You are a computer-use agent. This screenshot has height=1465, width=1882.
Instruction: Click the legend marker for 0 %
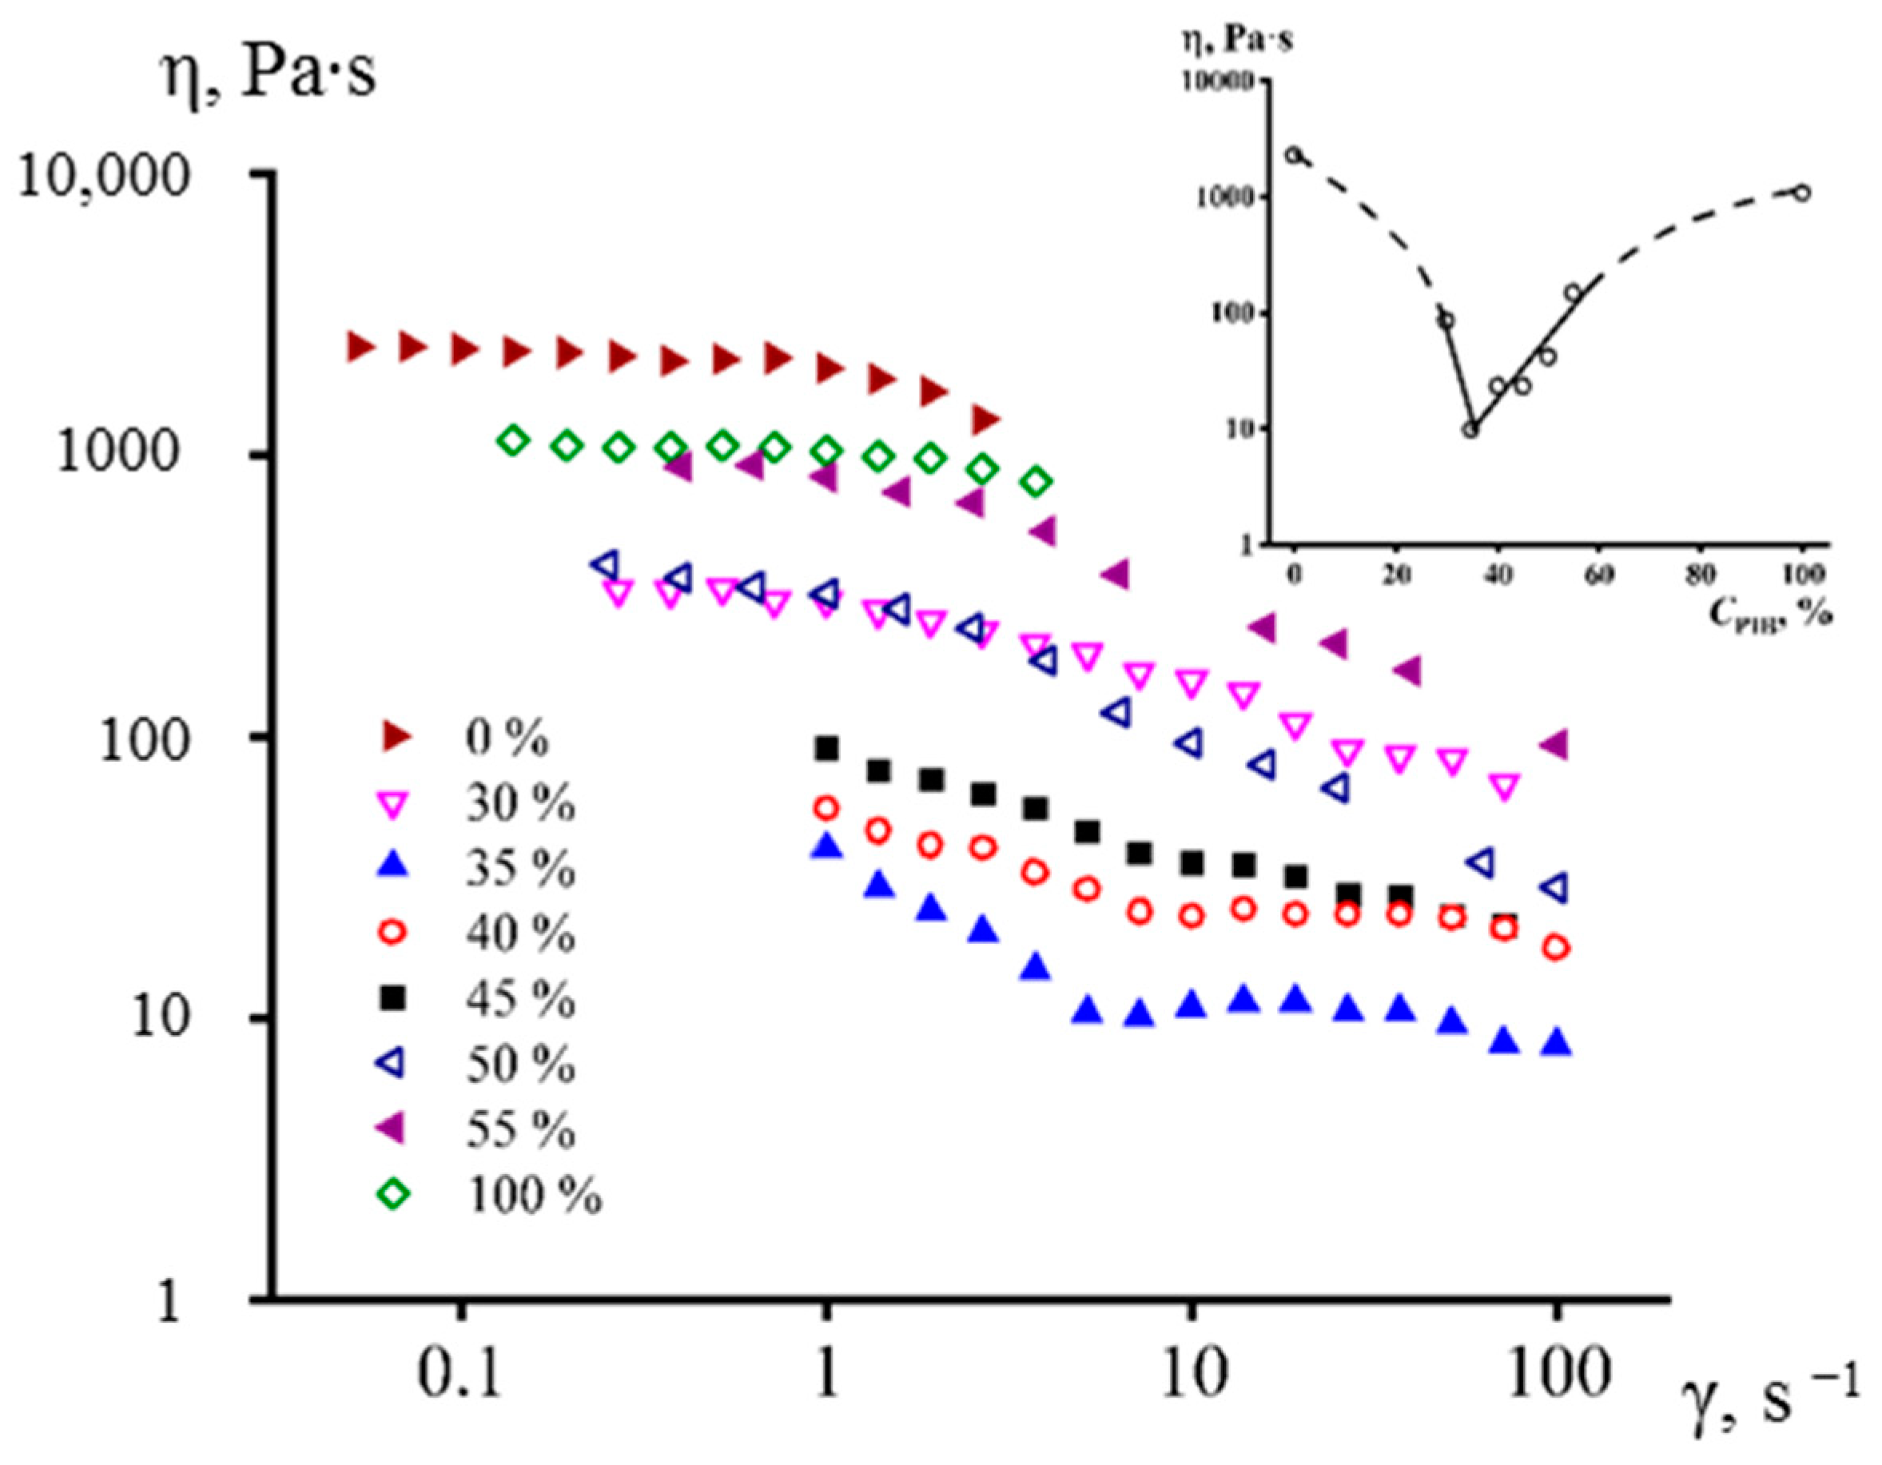pos(396,736)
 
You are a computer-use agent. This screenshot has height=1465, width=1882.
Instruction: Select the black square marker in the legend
pos(395,998)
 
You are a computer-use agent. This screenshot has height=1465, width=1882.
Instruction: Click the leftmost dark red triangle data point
pos(360,346)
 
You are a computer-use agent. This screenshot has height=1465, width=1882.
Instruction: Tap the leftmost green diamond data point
pos(513,440)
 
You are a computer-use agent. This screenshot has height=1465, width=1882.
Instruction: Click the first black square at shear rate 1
pos(826,748)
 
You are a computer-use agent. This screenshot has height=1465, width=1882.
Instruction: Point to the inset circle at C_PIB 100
pos(1801,192)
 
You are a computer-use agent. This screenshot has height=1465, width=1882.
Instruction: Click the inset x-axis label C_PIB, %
pos(1770,613)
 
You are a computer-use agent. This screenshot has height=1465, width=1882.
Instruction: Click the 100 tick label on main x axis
pos(1556,1373)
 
